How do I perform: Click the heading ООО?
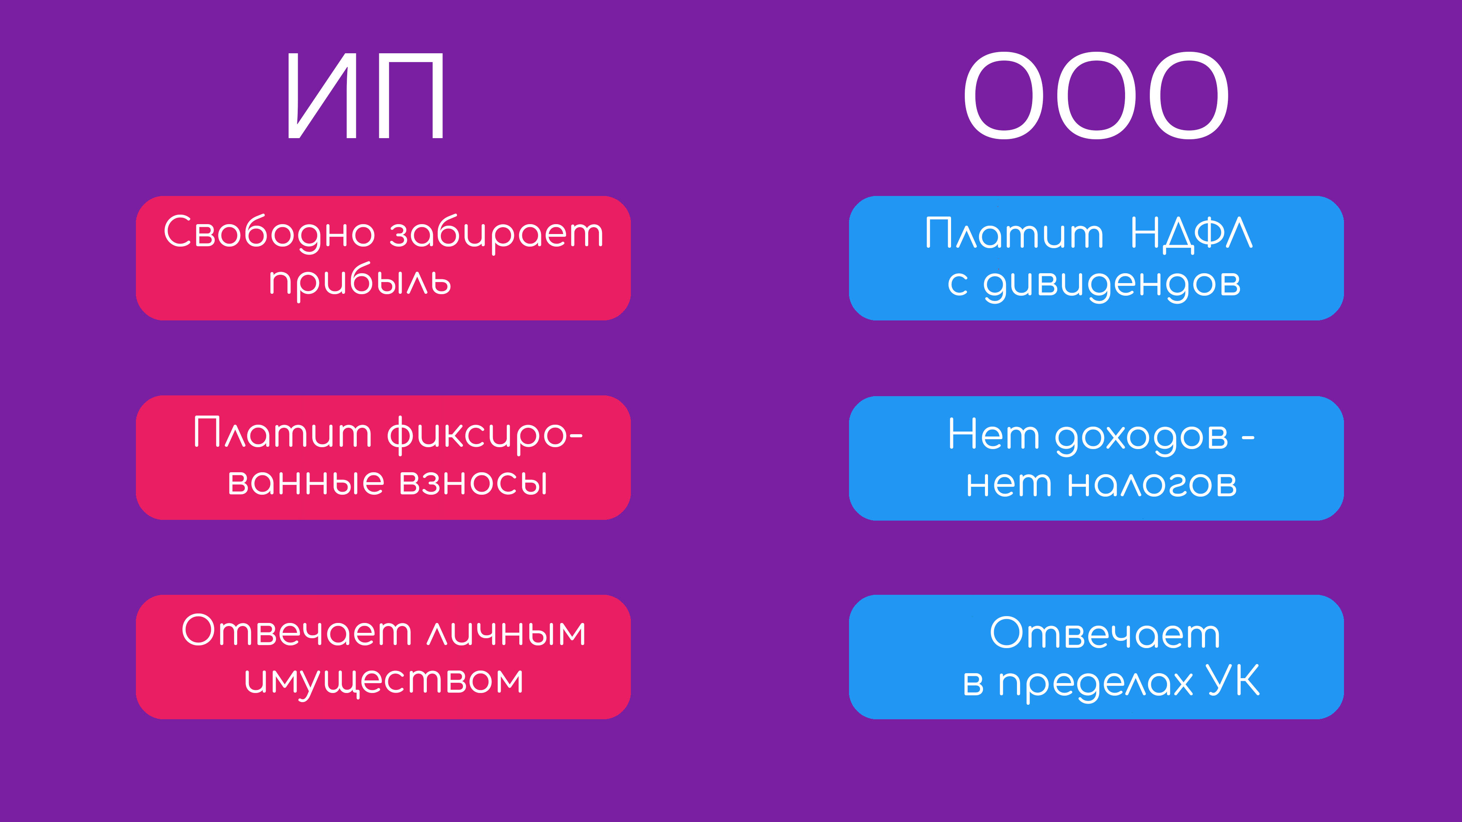1096,95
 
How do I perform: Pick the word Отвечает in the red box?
296,631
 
